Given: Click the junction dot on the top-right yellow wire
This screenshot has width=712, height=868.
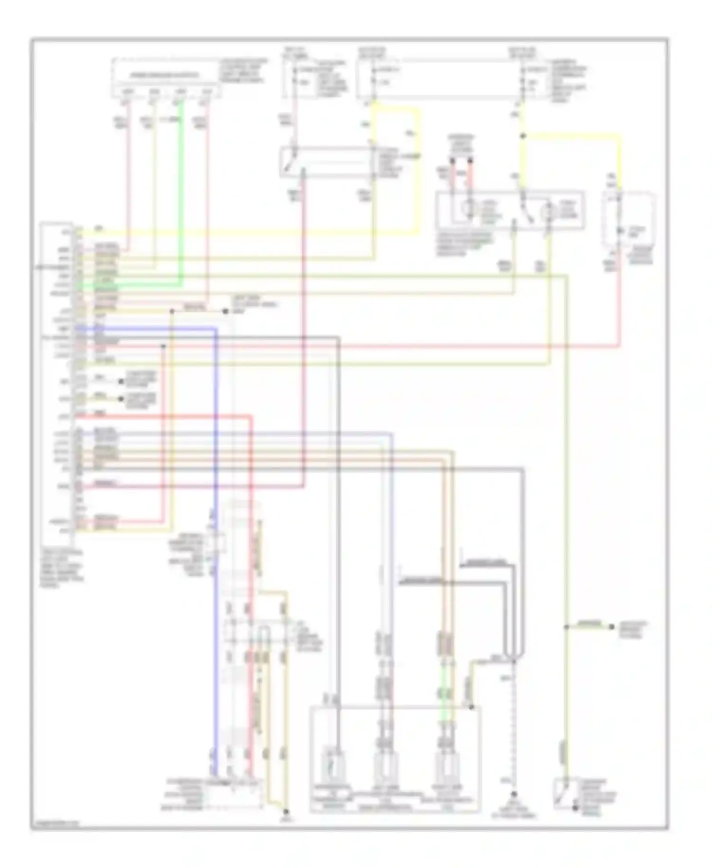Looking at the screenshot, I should (x=523, y=136).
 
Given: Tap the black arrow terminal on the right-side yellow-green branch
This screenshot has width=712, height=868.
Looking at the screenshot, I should (x=611, y=627).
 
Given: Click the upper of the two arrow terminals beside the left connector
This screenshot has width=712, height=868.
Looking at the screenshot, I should (x=122, y=381).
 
